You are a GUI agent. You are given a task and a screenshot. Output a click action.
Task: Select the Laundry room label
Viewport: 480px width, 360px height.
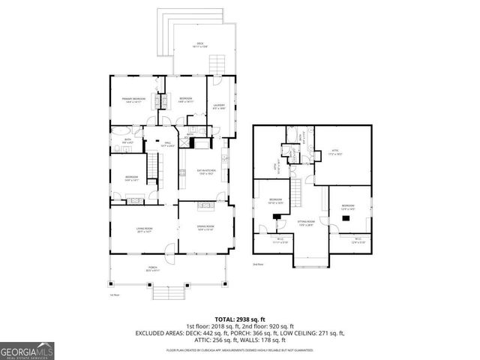[x=219, y=106]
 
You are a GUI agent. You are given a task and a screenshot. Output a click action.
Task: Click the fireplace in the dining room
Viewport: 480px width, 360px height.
[x=204, y=203]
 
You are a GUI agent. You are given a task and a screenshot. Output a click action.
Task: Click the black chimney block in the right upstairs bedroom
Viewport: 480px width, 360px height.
[x=346, y=218]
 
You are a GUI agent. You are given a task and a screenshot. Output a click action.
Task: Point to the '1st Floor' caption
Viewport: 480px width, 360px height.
[x=115, y=295]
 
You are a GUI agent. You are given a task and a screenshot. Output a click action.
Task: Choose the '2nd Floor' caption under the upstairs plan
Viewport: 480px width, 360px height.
[x=258, y=265]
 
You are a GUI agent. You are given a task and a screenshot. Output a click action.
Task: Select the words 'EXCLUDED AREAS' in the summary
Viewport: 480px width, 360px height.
[x=160, y=333]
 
